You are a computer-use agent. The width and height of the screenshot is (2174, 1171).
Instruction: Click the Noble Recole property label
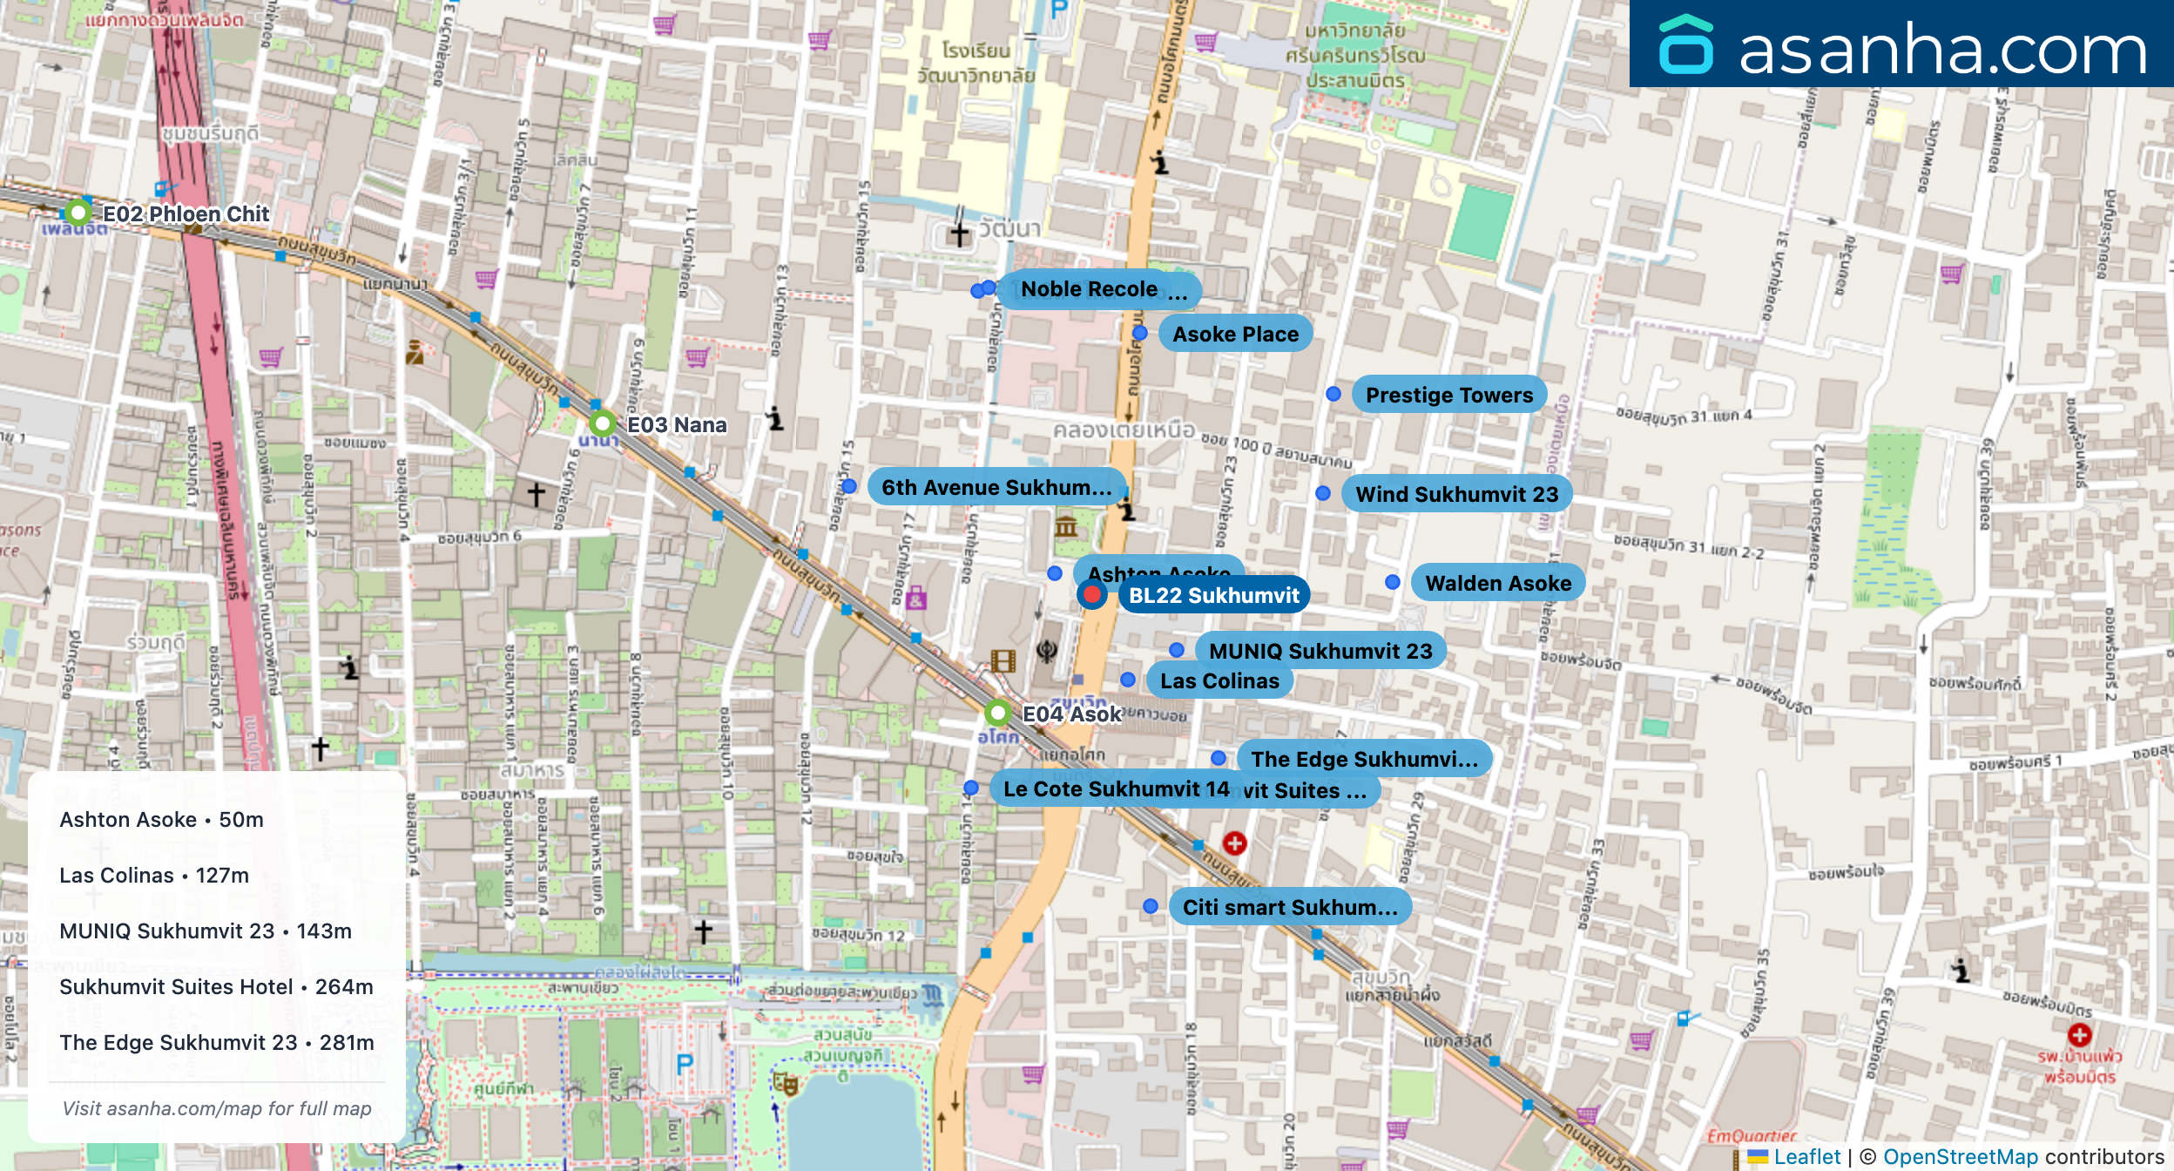tap(1099, 289)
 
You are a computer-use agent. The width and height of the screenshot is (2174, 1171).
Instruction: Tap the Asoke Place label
tap(1234, 335)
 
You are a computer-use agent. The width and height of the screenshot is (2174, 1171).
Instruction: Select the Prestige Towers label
tap(1448, 396)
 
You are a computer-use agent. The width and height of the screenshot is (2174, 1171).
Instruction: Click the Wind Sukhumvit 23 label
tap(1456, 495)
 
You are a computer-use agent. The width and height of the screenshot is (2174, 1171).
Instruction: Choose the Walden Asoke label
tap(1497, 584)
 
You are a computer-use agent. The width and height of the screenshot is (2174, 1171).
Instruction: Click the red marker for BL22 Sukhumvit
tap(1091, 595)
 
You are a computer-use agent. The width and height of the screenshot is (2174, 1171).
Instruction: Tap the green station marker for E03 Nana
tap(602, 424)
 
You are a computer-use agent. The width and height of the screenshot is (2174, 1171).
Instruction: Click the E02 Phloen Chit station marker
tap(78, 213)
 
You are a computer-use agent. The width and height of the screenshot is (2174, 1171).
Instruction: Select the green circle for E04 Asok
tap(997, 714)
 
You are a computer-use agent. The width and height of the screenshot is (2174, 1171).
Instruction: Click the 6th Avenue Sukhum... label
tap(996, 488)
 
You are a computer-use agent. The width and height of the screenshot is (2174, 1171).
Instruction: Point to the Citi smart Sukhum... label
tap(1289, 908)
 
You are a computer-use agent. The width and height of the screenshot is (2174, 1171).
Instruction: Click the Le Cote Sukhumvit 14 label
tap(1116, 789)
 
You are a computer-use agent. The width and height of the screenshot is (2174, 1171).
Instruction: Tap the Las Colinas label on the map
tap(1219, 681)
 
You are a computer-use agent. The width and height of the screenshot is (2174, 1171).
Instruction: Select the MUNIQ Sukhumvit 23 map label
tap(1320, 652)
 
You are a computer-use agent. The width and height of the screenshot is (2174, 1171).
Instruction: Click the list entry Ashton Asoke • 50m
tap(162, 820)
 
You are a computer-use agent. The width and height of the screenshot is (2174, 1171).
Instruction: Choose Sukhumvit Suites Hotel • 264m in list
tap(216, 987)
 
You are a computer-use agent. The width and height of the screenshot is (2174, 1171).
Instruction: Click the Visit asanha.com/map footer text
tap(216, 1109)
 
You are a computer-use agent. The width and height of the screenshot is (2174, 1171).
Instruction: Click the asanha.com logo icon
tap(1685, 45)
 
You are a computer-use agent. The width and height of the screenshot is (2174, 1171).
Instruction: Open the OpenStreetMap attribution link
tap(1960, 1157)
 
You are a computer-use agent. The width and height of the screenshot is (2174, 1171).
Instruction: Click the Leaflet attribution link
tap(1806, 1157)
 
